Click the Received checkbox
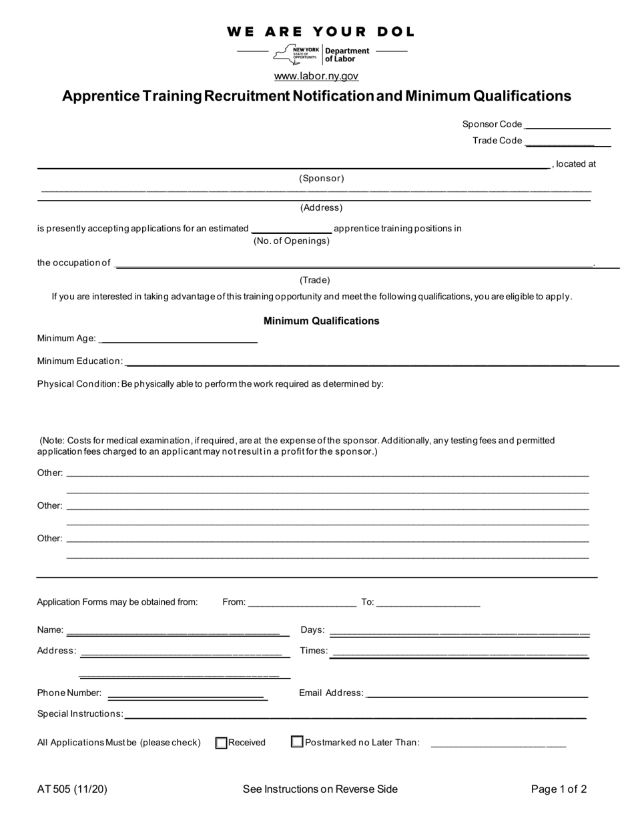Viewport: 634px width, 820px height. click(x=222, y=743)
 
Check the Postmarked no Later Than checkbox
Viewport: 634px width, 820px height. click(x=298, y=742)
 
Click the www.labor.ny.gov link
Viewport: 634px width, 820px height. click(x=316, y=76)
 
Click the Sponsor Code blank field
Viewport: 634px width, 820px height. click(x=567, y=124)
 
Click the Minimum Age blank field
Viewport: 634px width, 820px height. click(x=178, y=339)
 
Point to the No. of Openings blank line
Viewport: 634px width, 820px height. click(x=292, y=229)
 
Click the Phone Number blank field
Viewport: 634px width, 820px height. click(x=187, y=693)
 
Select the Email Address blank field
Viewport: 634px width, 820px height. click(x=477, y=693)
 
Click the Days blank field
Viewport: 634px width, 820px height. click(x=459, y=630)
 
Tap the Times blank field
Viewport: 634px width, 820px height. click(x=459, y=651)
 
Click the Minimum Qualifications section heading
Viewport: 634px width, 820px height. click(x=321, y=321)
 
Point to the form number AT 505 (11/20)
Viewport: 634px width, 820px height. click(x=72, y=789)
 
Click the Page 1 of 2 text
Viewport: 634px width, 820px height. click(x=559, y=789)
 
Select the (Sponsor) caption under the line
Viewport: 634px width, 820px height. click(x=321, y=179)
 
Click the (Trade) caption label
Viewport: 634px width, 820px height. click(x=314, y=280)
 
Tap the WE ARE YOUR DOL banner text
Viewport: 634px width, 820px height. click(x=320, y=31)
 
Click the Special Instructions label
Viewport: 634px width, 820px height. click(x=80, y=714)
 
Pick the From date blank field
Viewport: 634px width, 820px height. click(x=302, y=602)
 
